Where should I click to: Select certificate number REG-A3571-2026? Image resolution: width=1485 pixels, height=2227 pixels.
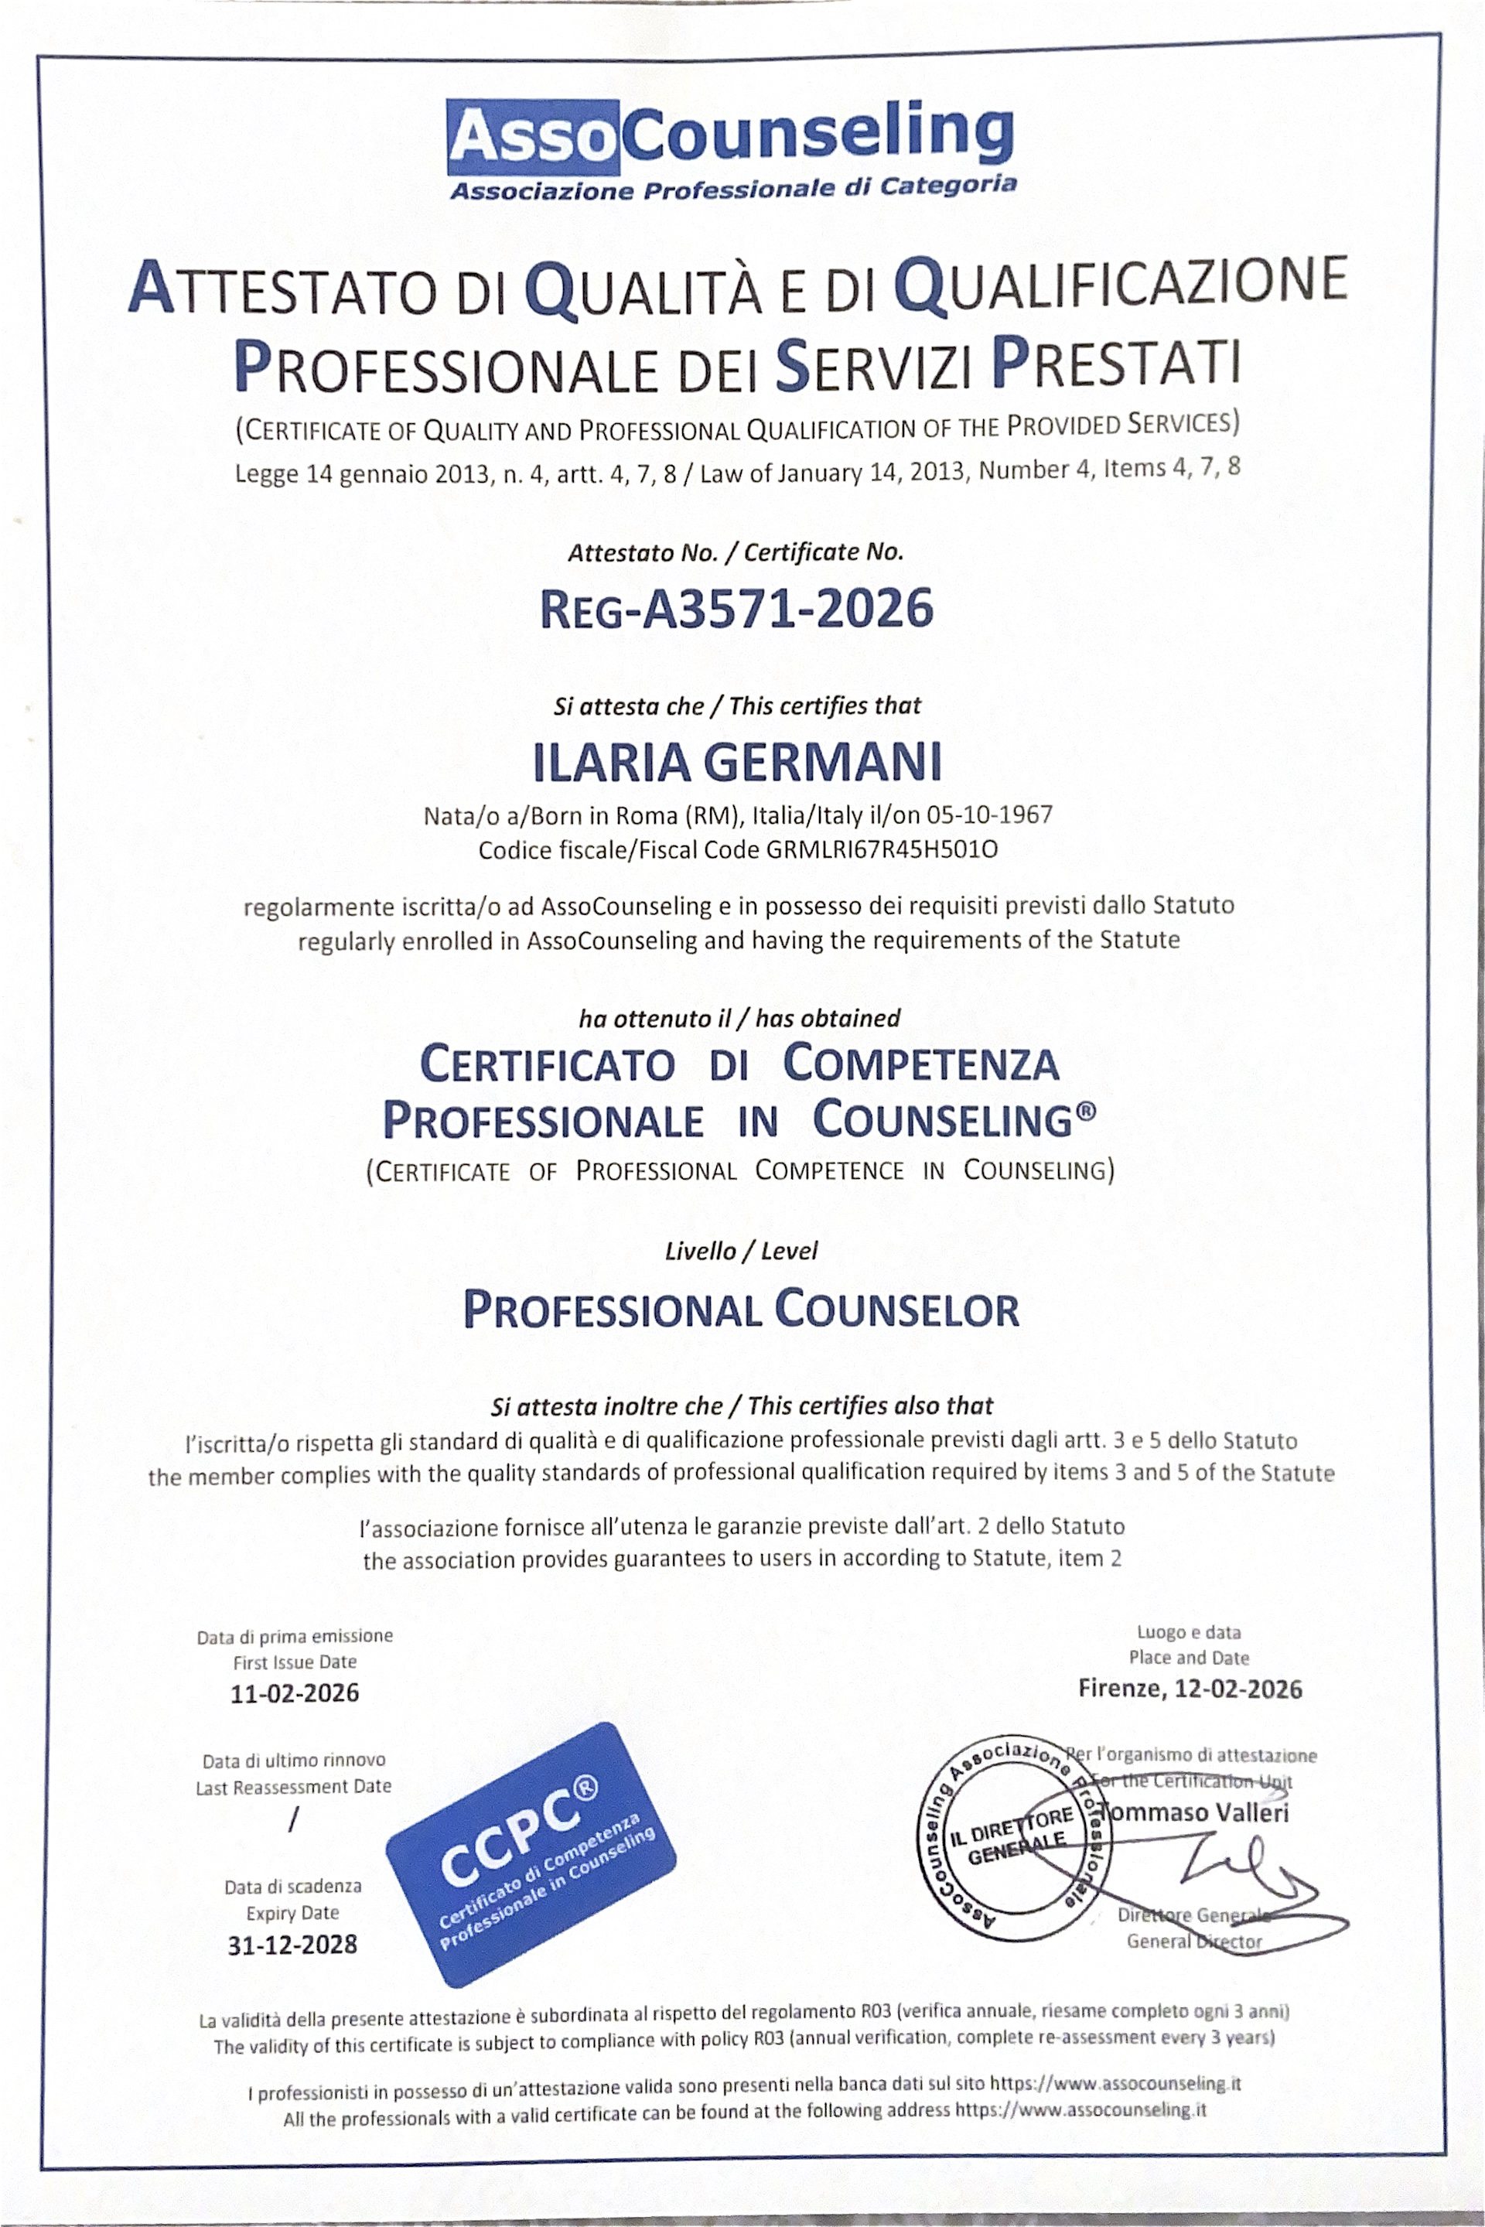point(736,609)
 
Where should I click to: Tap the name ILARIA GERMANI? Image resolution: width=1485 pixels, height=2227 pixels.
point(738,763)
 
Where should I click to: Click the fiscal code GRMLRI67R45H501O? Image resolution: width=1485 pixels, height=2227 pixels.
point(882,849)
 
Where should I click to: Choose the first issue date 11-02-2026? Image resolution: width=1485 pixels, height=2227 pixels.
point(295,1694)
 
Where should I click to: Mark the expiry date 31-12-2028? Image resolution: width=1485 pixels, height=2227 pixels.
point(292,1945)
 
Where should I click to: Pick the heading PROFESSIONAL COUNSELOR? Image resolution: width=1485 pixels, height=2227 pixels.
point(741,1310)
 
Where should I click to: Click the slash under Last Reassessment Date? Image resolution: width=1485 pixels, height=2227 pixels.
point(294,1819)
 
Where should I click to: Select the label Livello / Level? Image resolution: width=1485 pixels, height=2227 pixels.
point(741,1252)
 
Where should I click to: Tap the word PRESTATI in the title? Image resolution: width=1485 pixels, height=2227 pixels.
point(1115,364)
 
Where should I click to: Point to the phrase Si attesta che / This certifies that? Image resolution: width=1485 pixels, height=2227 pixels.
point(737,705)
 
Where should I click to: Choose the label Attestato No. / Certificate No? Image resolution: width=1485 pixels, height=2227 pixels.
point(736,552)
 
